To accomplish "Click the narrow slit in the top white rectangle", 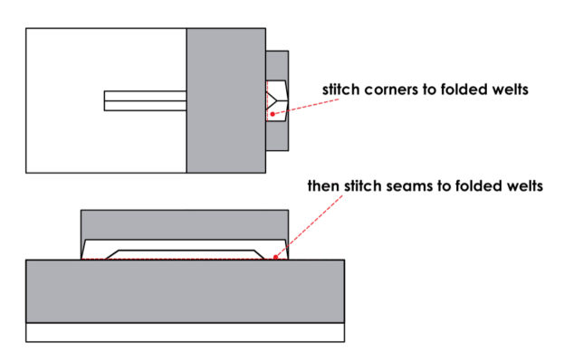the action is tap(145, 100).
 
